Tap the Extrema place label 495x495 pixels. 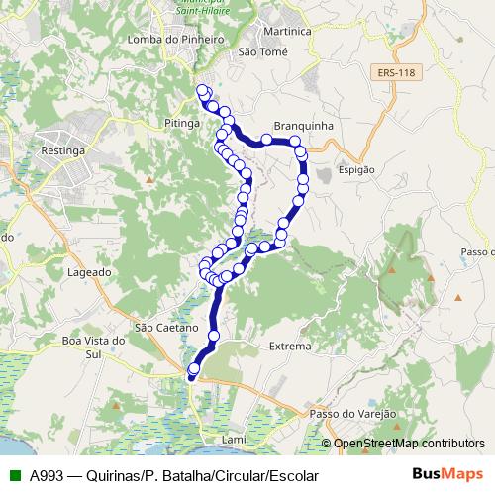pos(290,346)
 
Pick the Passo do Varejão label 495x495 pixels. pos(352,413)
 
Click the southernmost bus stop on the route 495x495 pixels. pos(193,369)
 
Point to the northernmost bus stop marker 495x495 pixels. pos(203,91)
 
